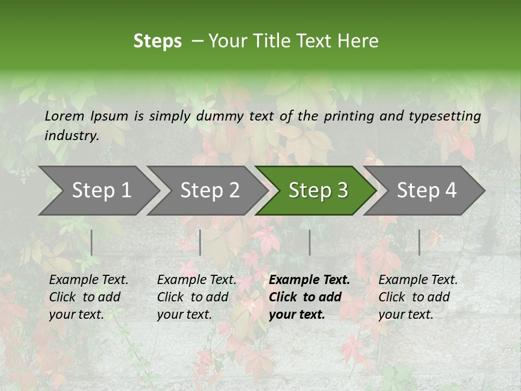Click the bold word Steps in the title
click(x=157, y=41)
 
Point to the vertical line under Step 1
click(x=92, y=242)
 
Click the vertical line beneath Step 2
click(x=200, y=242)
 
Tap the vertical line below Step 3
click(x=310, y=242)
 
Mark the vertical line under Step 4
click(x=420, y=242)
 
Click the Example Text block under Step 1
click(x=88, y=297)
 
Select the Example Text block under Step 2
click(x=196, y=297)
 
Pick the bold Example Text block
click(x=309, y=297)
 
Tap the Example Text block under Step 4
click(x=418, y=297)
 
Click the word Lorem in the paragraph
click(x=64, y=116)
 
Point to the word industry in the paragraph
click(x=72, y=136)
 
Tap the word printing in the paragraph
click(x=347, y=116)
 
